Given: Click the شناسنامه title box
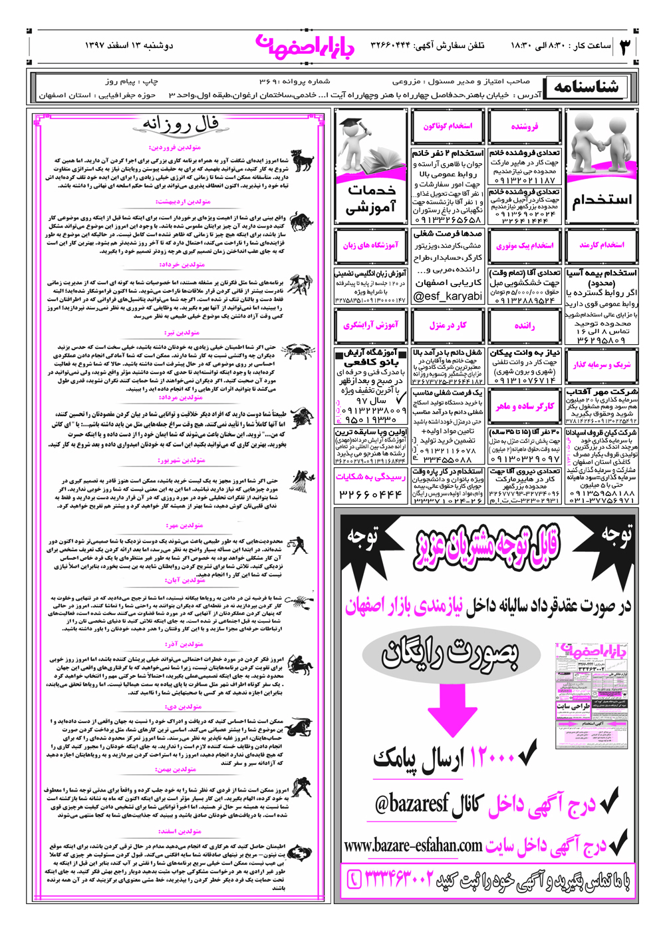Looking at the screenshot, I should click(x=585, y=87).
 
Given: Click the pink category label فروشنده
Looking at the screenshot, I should click(x=525, y=126).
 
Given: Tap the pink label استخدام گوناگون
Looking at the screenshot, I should click(x=448, y=126).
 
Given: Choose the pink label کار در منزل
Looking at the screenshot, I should click(x=448, y=326).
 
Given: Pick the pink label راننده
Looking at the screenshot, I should click(x=525, y=326).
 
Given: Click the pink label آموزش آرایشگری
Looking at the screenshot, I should click(x=370, y=326).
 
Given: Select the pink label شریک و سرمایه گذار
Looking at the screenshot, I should click(x=602, y=364).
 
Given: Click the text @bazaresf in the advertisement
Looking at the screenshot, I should click(x=408, y=804).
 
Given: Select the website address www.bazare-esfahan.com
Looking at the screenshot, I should click(x=413, y=845).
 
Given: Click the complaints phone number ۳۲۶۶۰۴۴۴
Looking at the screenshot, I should click(x=370, y=495).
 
